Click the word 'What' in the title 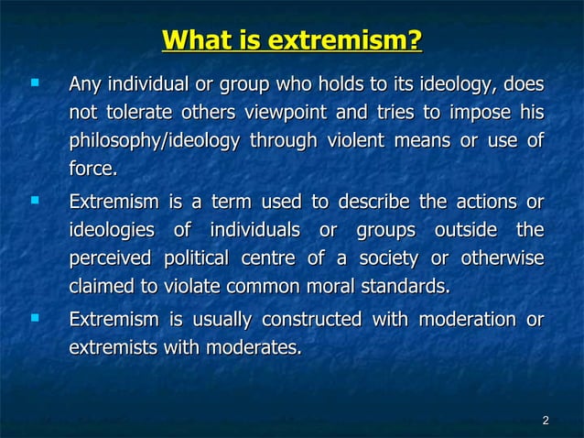coord(195,41)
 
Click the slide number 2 coord(546,421)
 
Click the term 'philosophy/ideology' coord(155,142)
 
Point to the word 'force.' coord(93,170)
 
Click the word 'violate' coord(190,288)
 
